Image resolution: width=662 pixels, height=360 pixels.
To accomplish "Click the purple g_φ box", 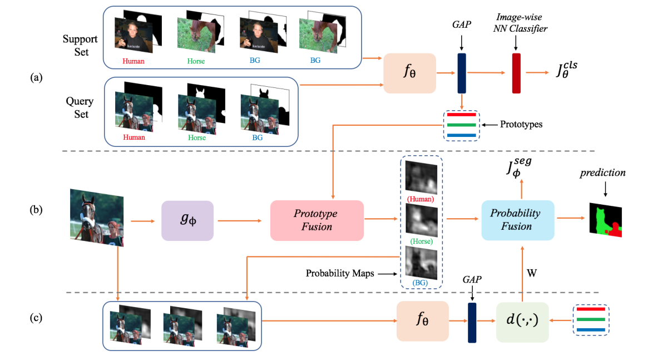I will point(187,220).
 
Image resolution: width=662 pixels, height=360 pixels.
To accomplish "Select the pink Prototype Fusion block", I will point(317,221).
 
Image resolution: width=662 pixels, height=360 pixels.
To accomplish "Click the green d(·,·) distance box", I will point(522,322).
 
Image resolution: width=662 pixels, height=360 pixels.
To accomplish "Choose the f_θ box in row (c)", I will point(422,321).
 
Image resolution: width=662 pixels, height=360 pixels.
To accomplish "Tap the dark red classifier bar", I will point(516,73).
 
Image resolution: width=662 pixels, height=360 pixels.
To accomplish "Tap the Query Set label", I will point(79,107).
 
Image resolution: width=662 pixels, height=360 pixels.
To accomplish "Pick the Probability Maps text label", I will point(339,274).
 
